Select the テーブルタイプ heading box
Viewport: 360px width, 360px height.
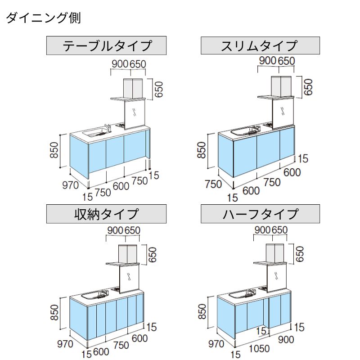point(107,45)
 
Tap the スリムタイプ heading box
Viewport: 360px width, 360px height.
point(260,45)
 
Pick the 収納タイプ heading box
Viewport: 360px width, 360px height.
point(107,213)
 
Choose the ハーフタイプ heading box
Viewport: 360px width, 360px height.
point(260,213)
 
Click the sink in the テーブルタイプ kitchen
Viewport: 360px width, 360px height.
point(95,132)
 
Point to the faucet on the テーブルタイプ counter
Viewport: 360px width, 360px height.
point(108,126)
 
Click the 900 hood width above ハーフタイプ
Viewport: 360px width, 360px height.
point(263,230)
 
